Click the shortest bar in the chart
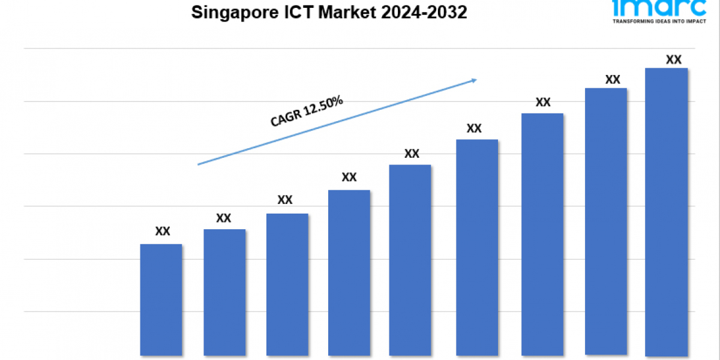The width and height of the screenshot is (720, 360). click(x=161, y=299)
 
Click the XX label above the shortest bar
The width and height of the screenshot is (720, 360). click(x=163, y=231)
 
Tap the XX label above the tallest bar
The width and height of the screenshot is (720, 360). click(x=674, y=59)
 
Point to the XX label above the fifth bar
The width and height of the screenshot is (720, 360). click(x=412, y=154)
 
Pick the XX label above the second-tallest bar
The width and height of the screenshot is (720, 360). click(x=613, y=79)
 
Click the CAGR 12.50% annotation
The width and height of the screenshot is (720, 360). click(x=307, y=112)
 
